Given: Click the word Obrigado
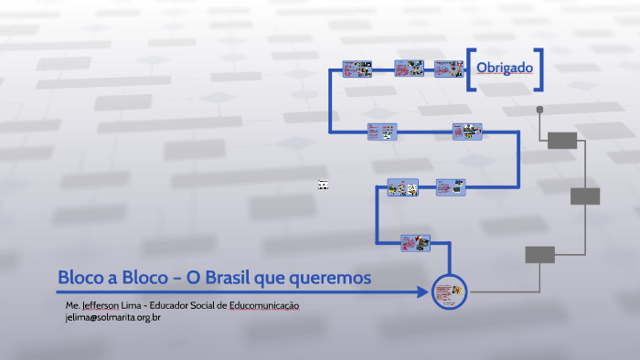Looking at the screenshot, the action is [x=504, y=69].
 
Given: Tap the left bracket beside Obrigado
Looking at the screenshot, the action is [x=470, y=69].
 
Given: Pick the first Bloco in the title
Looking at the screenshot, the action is [x=79, y=277].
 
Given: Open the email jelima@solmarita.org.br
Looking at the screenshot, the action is [x=112, y=317].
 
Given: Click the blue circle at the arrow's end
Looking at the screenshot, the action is [x=449, y=292].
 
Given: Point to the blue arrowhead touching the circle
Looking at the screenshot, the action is [x=424, y=292].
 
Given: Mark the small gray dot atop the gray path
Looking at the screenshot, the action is [x=540, y=109].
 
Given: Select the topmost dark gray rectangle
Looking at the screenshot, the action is [x=562, y=140].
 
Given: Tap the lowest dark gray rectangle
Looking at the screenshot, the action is [x=539, y=255].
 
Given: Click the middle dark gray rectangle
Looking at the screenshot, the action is [x=585, y=196].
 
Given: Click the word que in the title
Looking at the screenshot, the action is [x=280, y=278].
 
